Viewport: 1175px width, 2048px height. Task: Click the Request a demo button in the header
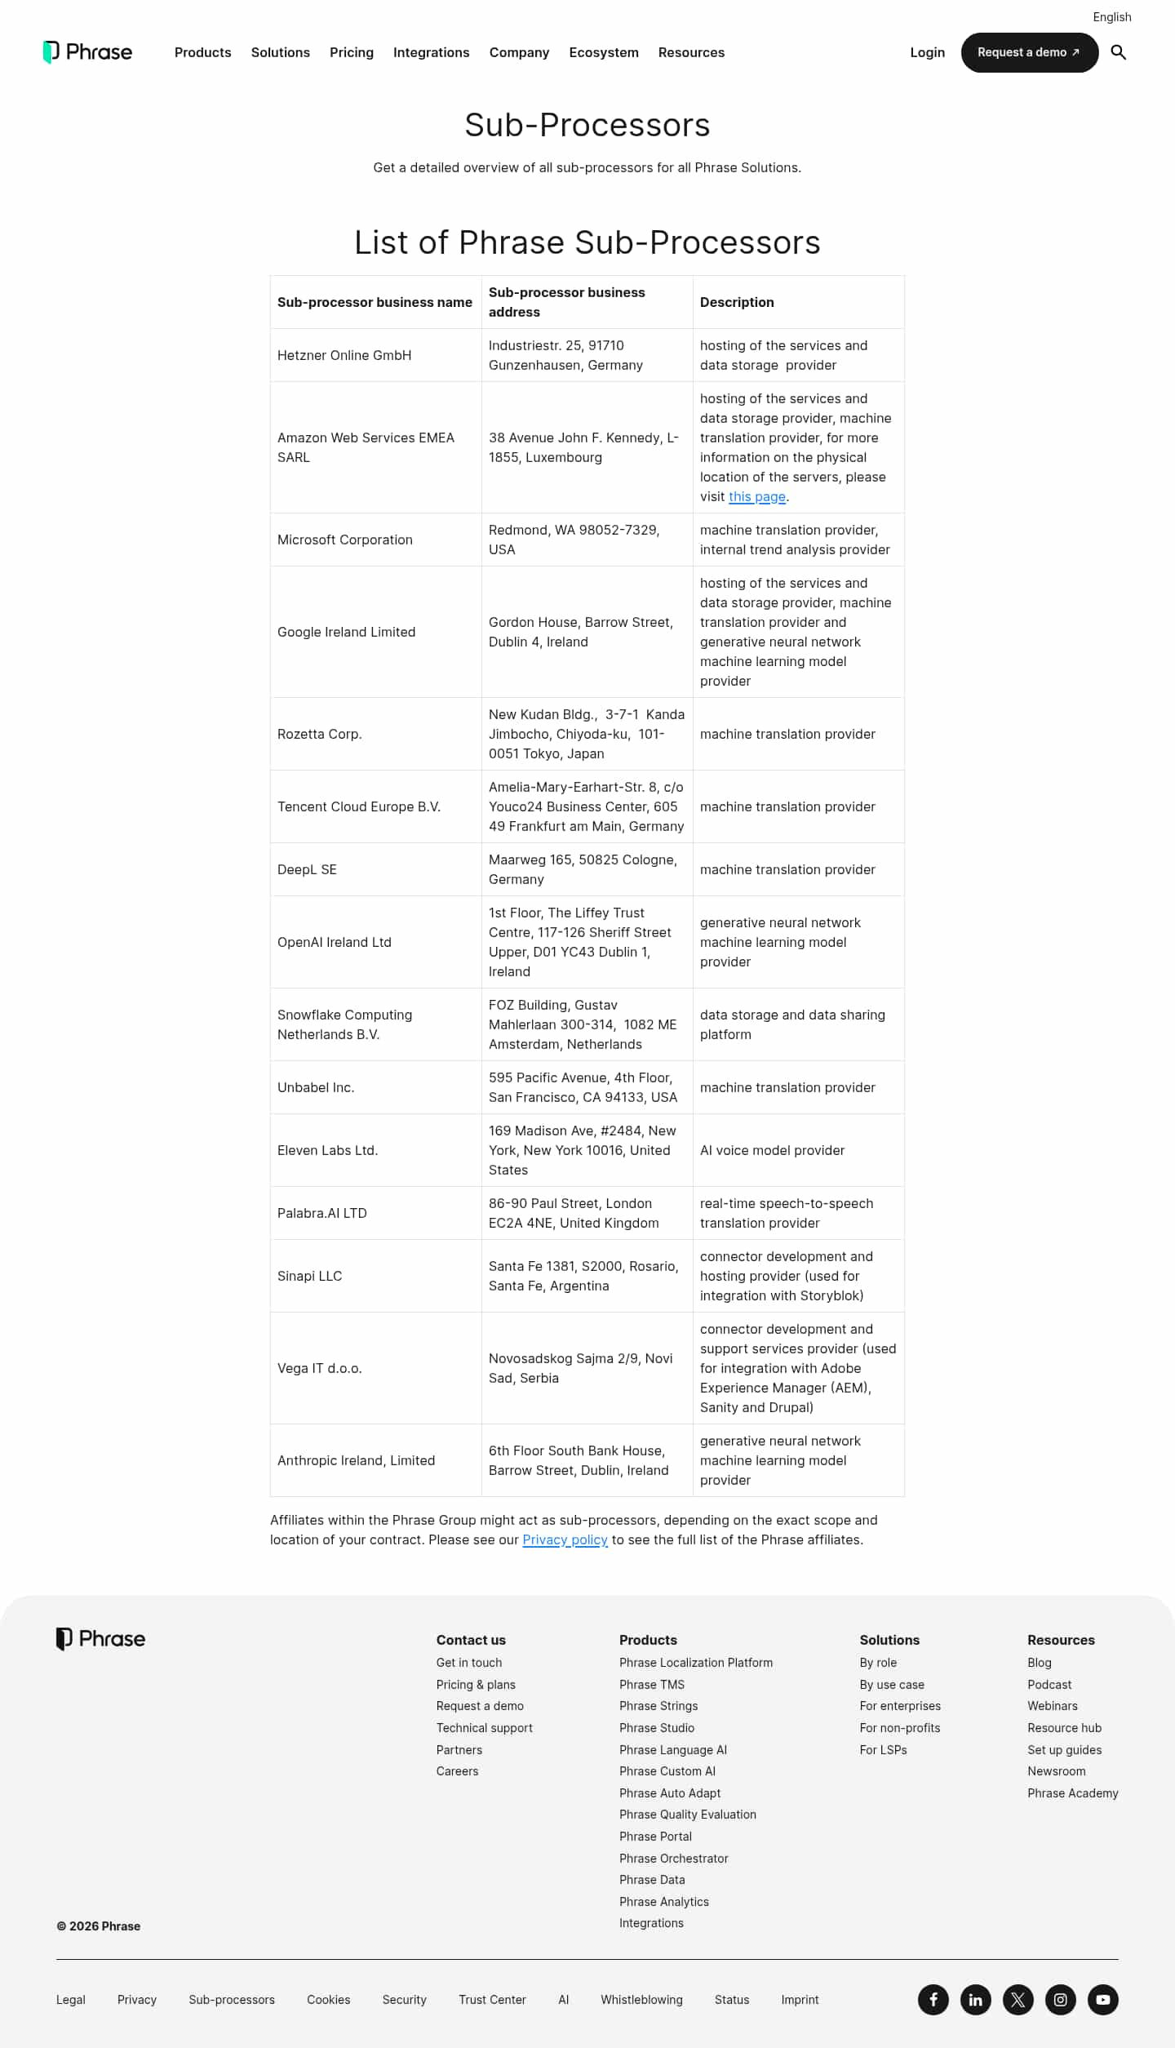1029,52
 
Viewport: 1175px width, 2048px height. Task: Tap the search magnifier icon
1118,52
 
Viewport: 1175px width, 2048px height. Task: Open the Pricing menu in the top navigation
351,52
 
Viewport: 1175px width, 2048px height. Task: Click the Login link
927,52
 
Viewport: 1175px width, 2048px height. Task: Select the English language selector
1111,17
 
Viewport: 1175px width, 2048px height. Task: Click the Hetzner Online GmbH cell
344,355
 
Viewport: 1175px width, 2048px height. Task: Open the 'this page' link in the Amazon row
756,496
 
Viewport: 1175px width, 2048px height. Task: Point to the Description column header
737,302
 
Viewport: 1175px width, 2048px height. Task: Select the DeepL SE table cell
307,869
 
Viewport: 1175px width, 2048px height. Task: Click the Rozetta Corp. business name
320,734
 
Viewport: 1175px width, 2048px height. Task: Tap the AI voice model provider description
772,1150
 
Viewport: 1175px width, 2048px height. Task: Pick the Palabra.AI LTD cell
322,1213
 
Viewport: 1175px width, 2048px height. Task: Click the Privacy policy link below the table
565,1539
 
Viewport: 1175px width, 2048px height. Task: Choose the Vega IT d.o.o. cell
319,1368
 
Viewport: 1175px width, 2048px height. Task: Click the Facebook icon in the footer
933,1999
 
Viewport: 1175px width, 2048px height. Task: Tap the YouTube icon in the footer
1102,1999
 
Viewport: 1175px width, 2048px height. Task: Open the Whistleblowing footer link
641,1999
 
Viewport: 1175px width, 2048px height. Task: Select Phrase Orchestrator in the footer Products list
673,1858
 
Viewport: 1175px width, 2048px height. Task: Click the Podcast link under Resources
1049,1684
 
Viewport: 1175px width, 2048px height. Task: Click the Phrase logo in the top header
87,52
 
